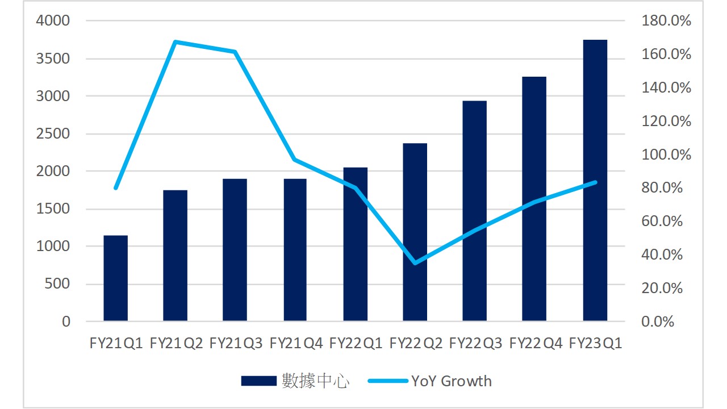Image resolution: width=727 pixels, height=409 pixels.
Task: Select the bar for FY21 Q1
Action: [115, 278]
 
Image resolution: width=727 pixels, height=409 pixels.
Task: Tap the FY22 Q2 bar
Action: [415, 232]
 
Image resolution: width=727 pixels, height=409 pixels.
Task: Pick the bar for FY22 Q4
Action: [534, 199]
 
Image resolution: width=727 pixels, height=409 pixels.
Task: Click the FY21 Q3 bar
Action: [235, 250]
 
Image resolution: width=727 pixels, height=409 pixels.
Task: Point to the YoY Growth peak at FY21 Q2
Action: [176, 42]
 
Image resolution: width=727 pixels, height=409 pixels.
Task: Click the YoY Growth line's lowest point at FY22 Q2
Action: [415, 263]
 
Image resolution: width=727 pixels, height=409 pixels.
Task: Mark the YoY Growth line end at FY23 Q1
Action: [595, 182]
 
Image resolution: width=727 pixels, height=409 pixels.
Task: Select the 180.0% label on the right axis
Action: [666, 22]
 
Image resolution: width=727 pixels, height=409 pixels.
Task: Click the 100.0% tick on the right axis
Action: [666, 155]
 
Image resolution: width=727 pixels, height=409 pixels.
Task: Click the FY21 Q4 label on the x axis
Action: [295, 343]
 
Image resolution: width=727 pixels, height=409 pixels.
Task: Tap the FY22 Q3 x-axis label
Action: [475, 343]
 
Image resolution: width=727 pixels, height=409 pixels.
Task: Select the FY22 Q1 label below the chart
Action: [356, 343]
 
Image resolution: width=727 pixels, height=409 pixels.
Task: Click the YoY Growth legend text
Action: [452, 381]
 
